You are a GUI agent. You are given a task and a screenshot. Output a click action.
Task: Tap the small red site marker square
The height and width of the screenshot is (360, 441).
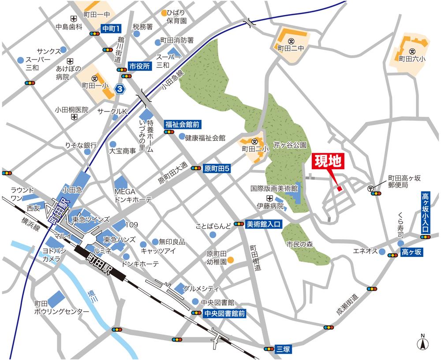(339, 189)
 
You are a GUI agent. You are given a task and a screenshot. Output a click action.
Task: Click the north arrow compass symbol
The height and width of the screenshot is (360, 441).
(422, 342)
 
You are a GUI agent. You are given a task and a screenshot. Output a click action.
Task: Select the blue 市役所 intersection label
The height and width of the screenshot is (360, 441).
(140, 66)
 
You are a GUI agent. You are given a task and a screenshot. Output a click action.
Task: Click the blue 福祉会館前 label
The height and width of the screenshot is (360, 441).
(178, 124)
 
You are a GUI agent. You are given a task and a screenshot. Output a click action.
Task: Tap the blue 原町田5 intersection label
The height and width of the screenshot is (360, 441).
(214, 168)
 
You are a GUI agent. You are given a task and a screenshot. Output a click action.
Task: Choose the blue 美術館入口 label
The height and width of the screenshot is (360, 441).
(263, 224)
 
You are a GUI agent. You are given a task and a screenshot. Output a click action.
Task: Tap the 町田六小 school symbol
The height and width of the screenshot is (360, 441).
(412, 51)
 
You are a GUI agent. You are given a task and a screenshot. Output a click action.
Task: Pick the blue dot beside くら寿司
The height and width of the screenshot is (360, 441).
(400, 243)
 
